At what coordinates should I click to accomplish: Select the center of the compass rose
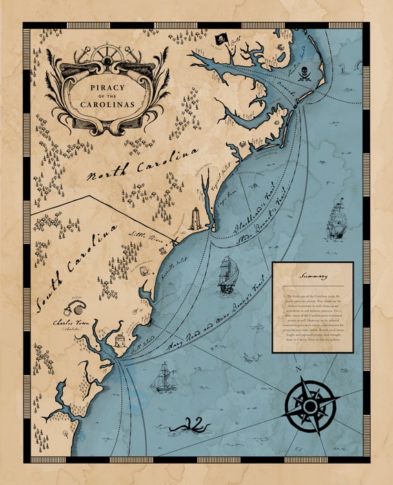(310, 406)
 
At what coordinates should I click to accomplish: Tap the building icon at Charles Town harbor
(119, 339)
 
